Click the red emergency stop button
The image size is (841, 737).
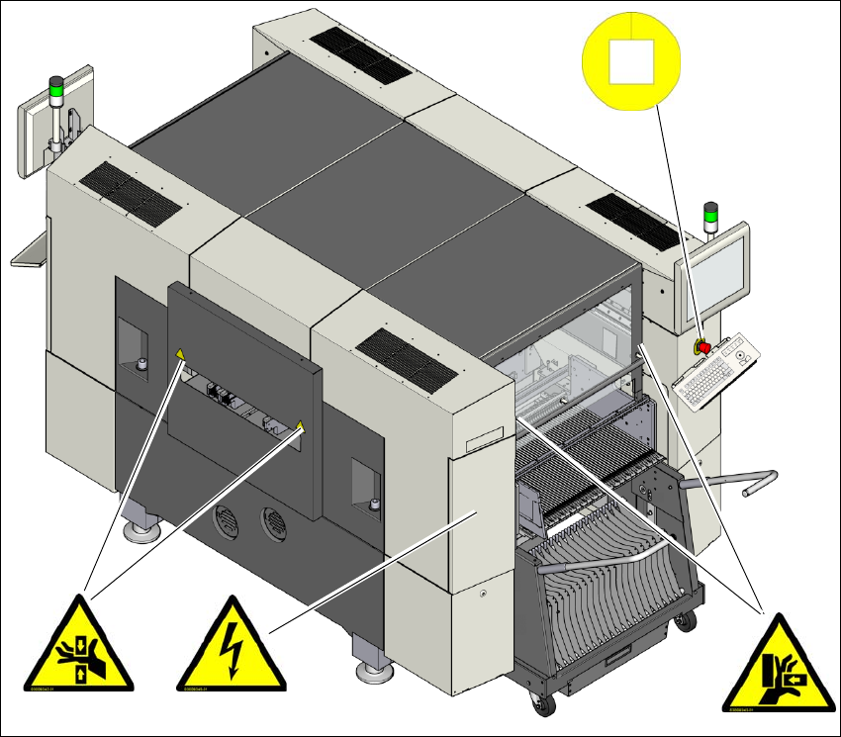[701, 347]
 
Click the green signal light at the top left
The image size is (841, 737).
[56, 94]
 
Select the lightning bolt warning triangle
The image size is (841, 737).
[231, 648]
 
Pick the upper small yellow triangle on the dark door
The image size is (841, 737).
[179, 353]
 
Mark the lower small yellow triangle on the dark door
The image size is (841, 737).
[300, 426]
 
